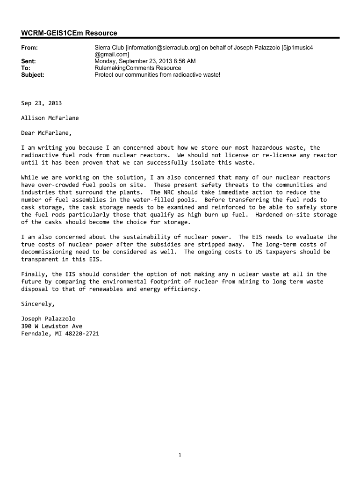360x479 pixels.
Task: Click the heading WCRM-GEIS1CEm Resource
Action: click(x=69, y=33)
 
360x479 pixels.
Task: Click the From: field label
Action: click(x=29, y=48)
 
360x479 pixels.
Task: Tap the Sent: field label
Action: click(x=29, y=61)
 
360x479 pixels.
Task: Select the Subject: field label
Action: click(x=33, y=74)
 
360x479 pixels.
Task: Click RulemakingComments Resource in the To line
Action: click(x=137, y=68)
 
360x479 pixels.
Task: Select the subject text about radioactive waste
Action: click(x=157, y=74)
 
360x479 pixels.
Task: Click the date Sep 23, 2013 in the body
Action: click(x=41, y=103)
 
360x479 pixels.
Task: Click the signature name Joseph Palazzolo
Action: click(x=48, y=319)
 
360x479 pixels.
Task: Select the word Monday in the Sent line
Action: click(x=106, y=61)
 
